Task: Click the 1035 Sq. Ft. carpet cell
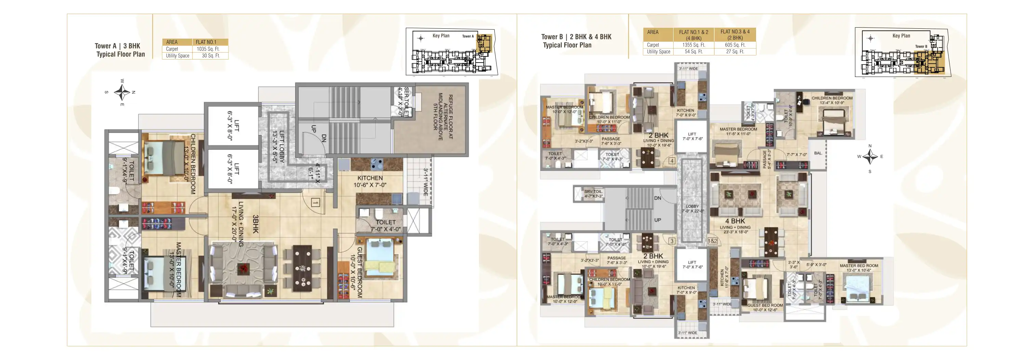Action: [208, 49]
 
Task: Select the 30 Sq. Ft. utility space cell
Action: [210, 56]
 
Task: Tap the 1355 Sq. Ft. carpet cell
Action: [693, 45]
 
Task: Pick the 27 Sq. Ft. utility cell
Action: [734, 52]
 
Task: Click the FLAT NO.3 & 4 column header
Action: [734, 35]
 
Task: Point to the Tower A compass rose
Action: [122, 93]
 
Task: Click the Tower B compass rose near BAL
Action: [870, 157]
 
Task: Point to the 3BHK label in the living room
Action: [255, 224]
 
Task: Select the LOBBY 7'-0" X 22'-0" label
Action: [692, 208]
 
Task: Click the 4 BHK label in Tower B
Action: [734, 221]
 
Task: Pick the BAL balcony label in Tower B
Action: [818, 153]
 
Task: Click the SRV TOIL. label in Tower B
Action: [593, 194]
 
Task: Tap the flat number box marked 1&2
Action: [712, 241]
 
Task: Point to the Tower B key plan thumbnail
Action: [902, 52]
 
